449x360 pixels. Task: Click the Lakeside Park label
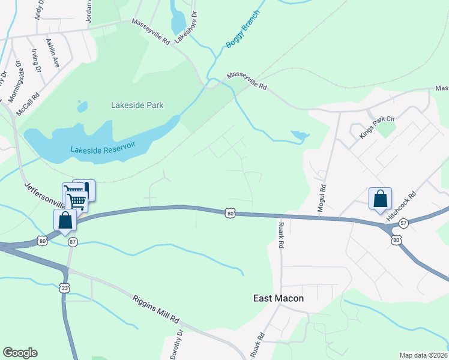137,105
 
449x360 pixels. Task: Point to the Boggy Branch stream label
243,29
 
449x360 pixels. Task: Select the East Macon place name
279,298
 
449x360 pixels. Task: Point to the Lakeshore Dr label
185,27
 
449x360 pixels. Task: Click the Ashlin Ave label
52,53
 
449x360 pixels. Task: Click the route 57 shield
403,223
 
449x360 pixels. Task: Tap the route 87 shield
73,241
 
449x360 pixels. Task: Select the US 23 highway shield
65,288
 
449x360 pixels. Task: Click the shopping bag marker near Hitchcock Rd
380,199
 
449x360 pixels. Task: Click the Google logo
20,353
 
